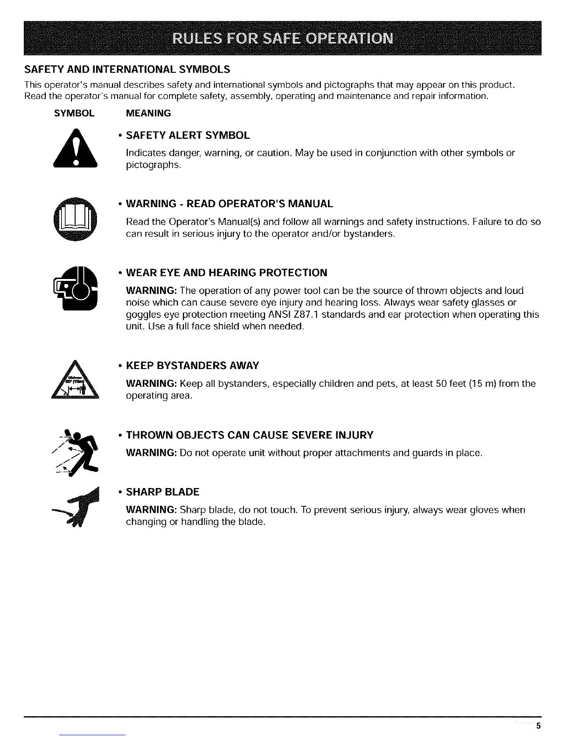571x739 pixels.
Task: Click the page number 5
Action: click(538, 725)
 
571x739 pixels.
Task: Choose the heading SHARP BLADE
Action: click(163, 492)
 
